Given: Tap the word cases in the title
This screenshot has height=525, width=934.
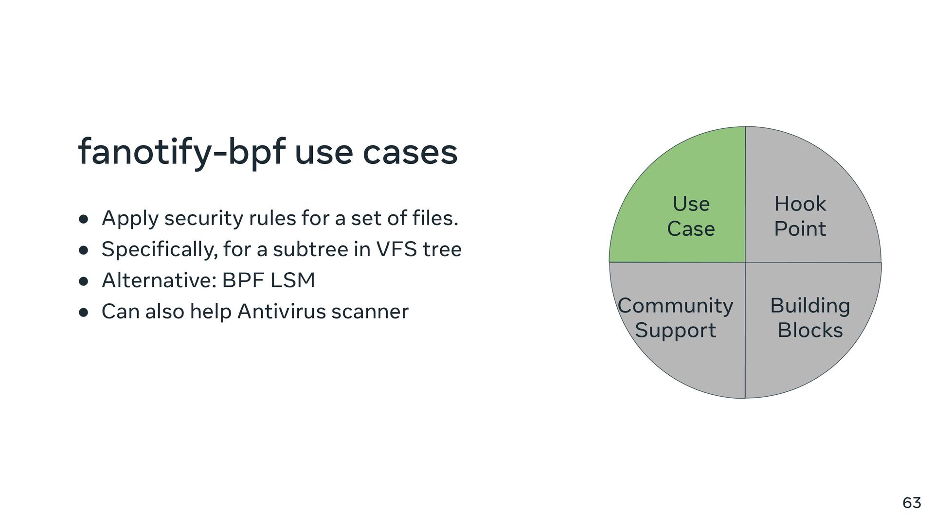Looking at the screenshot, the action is (x=410, y=152).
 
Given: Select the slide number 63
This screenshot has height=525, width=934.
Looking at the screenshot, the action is (x=912, y=503).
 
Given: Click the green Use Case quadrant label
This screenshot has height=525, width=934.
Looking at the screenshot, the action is (x=691, y=216).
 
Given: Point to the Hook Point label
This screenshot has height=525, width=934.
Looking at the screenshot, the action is (x=800, y=216).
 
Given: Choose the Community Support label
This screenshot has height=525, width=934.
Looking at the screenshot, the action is (x=675, y=318).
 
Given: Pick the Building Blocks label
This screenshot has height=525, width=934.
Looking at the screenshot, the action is (x=810, y=318).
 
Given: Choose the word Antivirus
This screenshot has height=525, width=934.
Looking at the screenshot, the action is (x=281, y=312).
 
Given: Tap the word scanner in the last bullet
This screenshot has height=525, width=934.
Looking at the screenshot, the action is (x=370, y=312).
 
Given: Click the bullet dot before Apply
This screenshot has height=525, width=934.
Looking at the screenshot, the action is (x=83, y=219).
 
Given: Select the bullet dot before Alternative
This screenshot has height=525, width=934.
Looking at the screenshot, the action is (x=83, y=281).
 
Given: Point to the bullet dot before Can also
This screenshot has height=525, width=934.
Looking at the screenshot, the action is (x=83, y=313).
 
